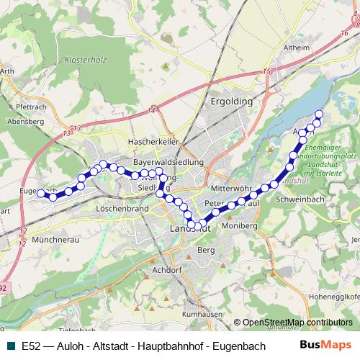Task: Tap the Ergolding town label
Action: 231,102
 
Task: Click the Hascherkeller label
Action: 153,142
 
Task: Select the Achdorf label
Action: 167,270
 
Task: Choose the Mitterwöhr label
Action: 231,187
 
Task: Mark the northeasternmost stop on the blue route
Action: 318,115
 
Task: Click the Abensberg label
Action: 20,122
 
